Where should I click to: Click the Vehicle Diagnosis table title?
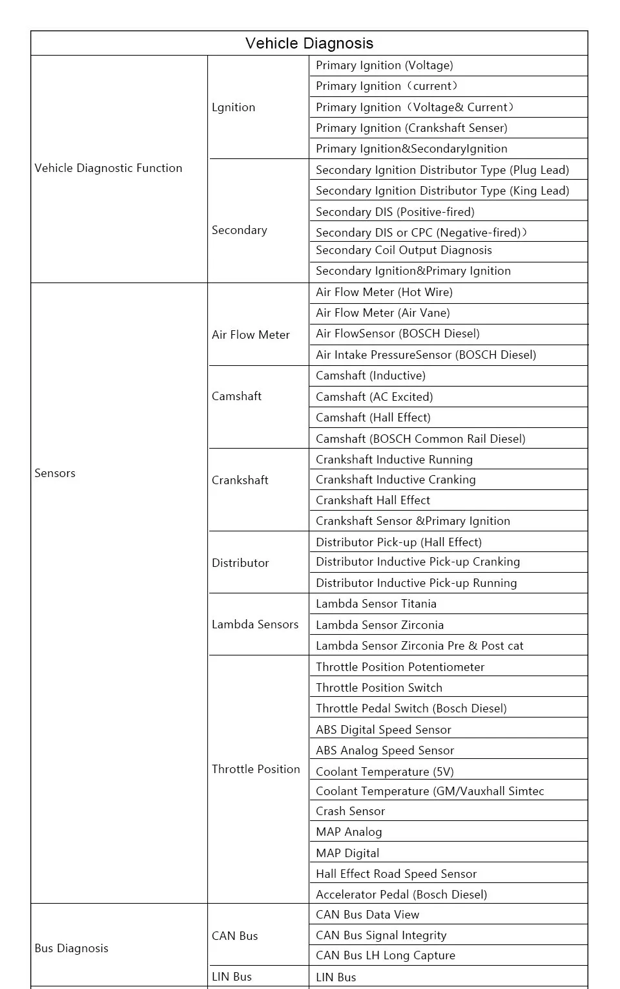tap(309, 43)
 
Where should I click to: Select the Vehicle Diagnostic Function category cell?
tap(108, 168)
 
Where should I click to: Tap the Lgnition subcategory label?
tap(233, 107)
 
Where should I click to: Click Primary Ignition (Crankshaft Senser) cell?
tap(411, 128)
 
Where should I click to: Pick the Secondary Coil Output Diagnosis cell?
tap(404, 250)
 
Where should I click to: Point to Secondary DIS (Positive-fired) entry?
tap(395, 212)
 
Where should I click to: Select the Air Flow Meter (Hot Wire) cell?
tap(384, 292)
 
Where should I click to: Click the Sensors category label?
tap(55, 473)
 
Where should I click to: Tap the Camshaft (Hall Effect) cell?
tap(373, 418)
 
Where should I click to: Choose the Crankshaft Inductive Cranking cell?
tap(396, 480)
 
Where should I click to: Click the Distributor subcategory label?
tap(240, 563)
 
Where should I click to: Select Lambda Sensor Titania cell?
tap(376, 604)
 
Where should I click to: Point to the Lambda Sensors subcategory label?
tap(255, 624)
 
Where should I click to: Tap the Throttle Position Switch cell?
tap(379, 688)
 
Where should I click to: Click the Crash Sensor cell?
tap(350, 811)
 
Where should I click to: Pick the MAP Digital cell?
tap(347, 853)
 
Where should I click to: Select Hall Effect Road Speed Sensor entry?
tap(396, 874)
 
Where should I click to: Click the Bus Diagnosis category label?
tap(72, 948)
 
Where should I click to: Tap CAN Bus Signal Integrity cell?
tap(381, 935)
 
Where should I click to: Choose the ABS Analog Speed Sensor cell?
tap(385, 750)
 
